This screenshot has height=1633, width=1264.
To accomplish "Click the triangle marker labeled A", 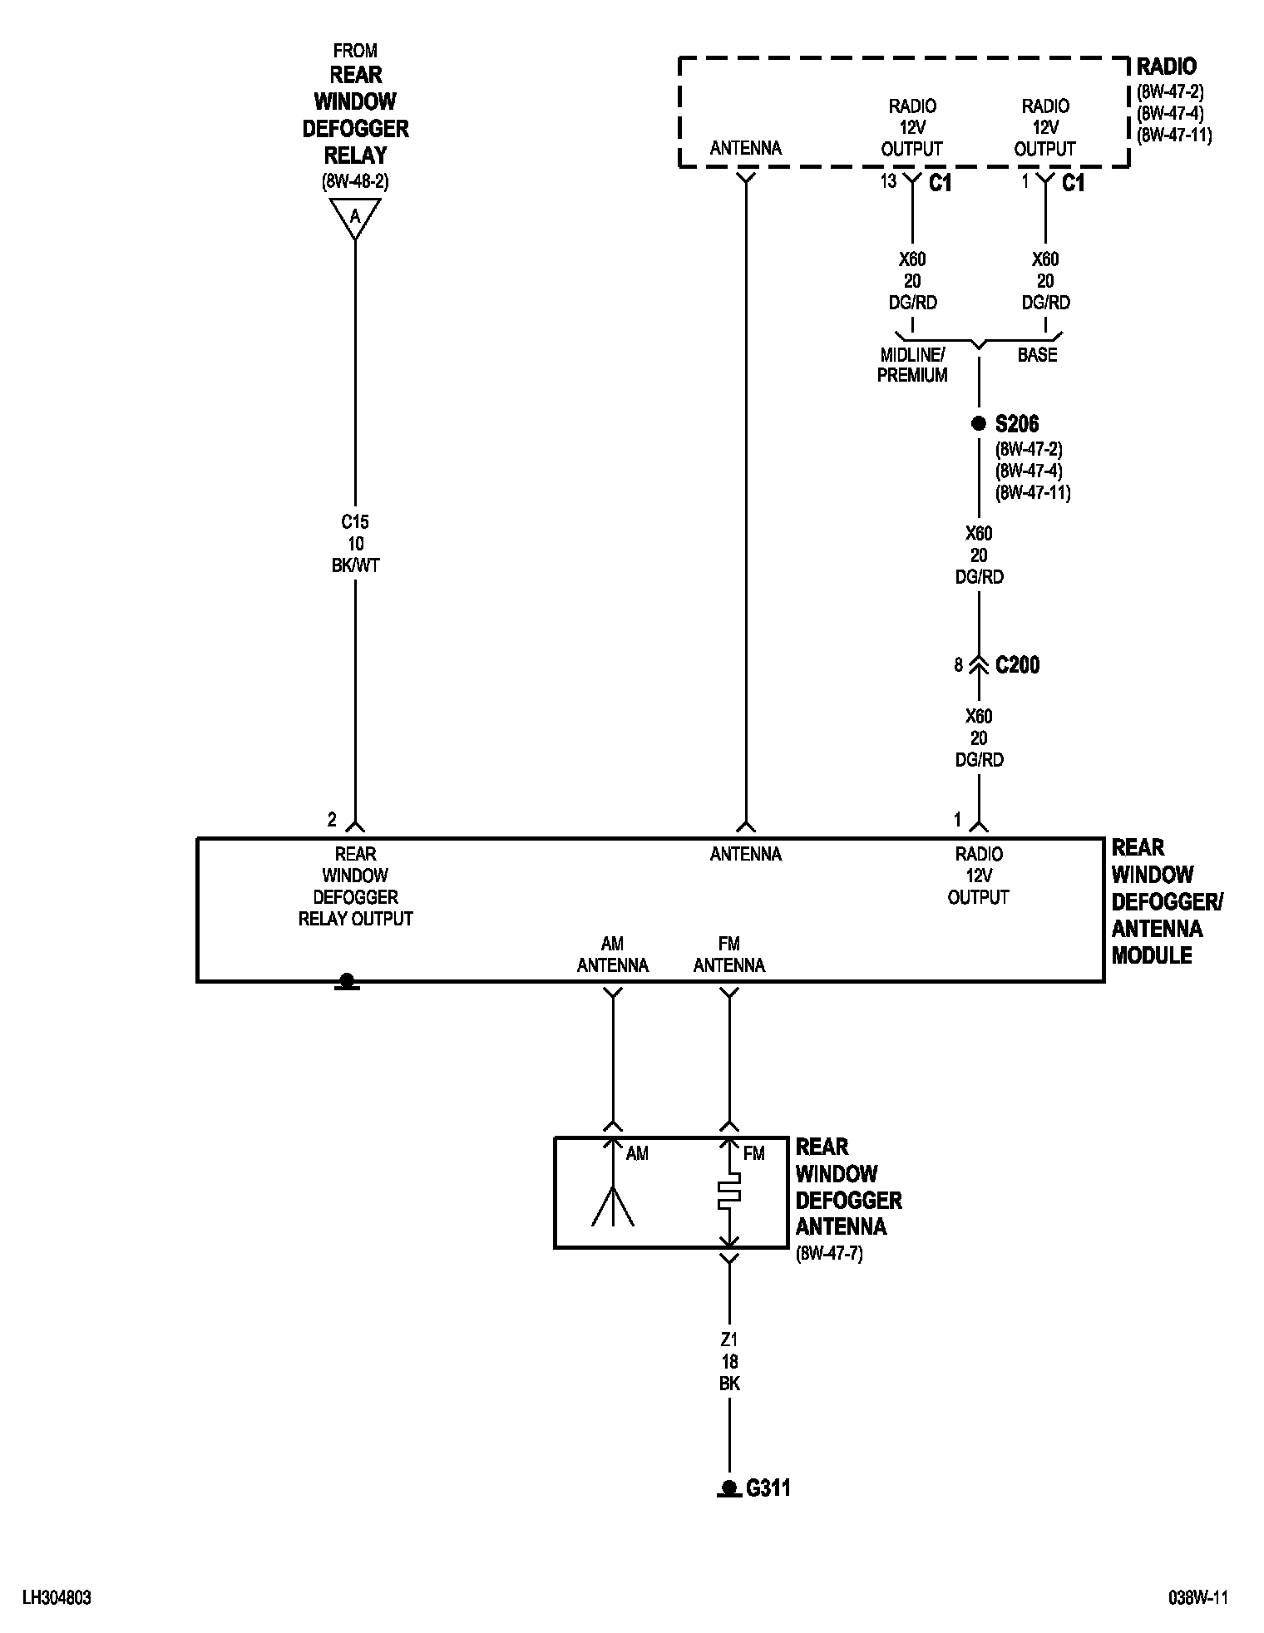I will pos(355,218).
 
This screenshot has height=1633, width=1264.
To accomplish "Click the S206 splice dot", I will pos(979,424).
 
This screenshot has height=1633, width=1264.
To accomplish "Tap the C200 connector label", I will pos(1017,665).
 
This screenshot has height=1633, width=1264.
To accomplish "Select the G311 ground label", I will pos(768,1487).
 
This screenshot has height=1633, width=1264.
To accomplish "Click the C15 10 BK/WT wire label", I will pos(355,544).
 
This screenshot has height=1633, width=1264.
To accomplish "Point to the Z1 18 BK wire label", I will pos(729,1362).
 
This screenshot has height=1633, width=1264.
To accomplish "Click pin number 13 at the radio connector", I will pos(888,181).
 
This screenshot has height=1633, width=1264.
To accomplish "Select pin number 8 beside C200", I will pos(959,665).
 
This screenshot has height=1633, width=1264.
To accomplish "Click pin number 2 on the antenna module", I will pos(332,820).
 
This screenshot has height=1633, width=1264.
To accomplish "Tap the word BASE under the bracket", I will pos(1037,355).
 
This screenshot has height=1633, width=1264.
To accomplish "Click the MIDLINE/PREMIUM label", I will pos(912,365).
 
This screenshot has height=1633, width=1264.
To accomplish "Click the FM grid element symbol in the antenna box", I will pos(729,1191).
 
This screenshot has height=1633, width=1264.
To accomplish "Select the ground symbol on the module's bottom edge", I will pos(347,982).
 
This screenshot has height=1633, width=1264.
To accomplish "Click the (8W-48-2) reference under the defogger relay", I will pos(355,181).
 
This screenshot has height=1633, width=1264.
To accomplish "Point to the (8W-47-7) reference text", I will pos(829,1254).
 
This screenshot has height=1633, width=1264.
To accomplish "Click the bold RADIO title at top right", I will pos(1167,67).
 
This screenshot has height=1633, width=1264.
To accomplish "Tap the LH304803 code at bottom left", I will pos(57,1598).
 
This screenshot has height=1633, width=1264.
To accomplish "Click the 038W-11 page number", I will pos(1198,1598).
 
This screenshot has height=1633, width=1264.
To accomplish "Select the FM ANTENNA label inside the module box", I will pos(729,955).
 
